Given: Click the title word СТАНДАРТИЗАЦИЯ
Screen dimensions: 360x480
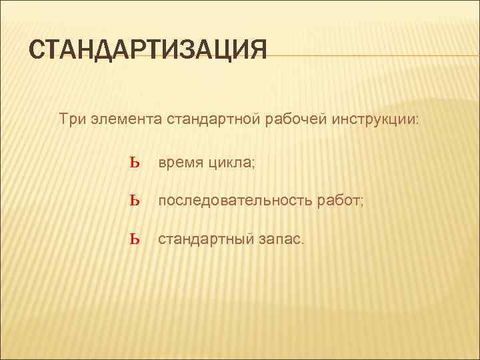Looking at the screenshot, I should click(x=148, y=51).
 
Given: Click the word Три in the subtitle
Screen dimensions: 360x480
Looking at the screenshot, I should click(x=71, y=120).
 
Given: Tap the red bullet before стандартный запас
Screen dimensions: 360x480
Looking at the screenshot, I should click(x=135, y=239).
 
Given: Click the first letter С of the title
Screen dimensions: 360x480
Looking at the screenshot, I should click(x=39, y=51).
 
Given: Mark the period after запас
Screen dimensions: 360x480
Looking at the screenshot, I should click(x=301, y=242).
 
